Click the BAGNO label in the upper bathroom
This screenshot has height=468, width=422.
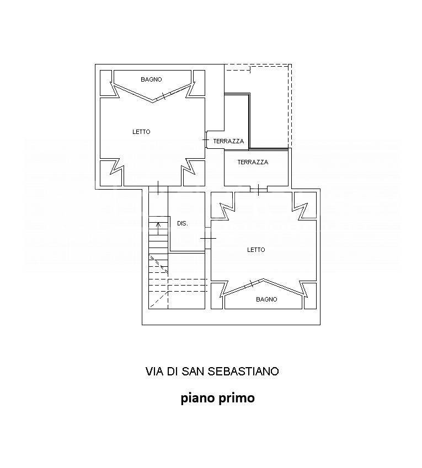(x=151, y=79)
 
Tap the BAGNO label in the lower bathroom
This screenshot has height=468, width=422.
(x=266, y=299)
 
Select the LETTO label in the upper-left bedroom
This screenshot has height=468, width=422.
(x=141, y=132)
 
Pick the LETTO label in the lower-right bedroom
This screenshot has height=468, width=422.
(x=256, y=250)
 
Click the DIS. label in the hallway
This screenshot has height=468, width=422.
(x=183, y=223)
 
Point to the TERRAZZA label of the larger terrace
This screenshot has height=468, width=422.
(x=253, y=162)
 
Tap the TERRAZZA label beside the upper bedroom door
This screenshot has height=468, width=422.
(x=229, y=141)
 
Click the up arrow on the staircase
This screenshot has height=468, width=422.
(x=158, y=228)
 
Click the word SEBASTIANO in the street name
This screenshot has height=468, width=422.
(x=243, y=372)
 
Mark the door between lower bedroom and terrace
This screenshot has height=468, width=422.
(x=259, y=190)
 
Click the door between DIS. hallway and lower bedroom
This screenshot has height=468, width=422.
(x=208, y=238)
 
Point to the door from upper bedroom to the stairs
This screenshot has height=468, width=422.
(x=158, y=188)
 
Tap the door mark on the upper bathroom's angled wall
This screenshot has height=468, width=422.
(x=163, y=96)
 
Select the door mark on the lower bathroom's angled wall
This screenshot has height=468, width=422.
(x=251, y=283)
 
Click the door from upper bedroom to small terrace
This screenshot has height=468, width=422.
(x=206, y=139)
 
